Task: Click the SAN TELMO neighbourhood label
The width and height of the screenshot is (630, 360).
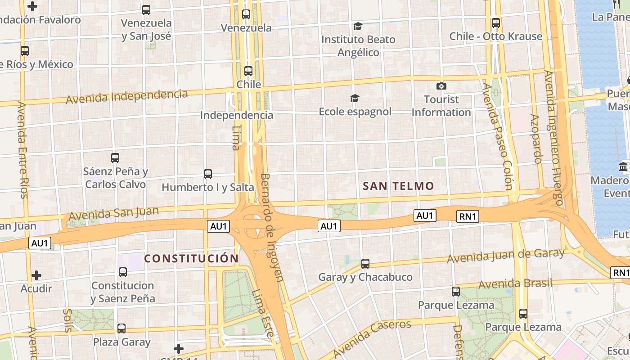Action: point(398,186)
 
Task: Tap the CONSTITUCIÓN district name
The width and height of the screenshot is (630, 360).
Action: point(191,258)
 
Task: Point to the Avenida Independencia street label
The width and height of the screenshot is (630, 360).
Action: point(126,96)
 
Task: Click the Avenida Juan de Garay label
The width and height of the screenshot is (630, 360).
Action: point(505,256)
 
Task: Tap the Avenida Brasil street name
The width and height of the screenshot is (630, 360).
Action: point(515,284)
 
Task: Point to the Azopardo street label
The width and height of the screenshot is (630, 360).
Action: point(535,138)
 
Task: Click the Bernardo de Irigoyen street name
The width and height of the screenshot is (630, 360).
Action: point(272,227)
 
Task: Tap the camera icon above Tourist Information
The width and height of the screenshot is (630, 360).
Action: point(441,86)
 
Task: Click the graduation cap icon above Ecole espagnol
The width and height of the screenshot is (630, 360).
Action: point(355,98)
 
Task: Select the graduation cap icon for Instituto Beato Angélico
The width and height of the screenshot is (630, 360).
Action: point(358,26)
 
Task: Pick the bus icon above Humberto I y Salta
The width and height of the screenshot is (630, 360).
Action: point(208,174)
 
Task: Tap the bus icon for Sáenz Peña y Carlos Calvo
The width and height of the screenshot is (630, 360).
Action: point(115,158)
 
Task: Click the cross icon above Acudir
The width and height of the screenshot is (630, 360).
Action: point(36,275)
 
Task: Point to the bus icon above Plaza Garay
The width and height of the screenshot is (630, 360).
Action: point(121,328)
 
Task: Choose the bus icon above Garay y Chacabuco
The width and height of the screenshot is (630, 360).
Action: point(365,263)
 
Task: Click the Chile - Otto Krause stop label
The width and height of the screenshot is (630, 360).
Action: point(496,36)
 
